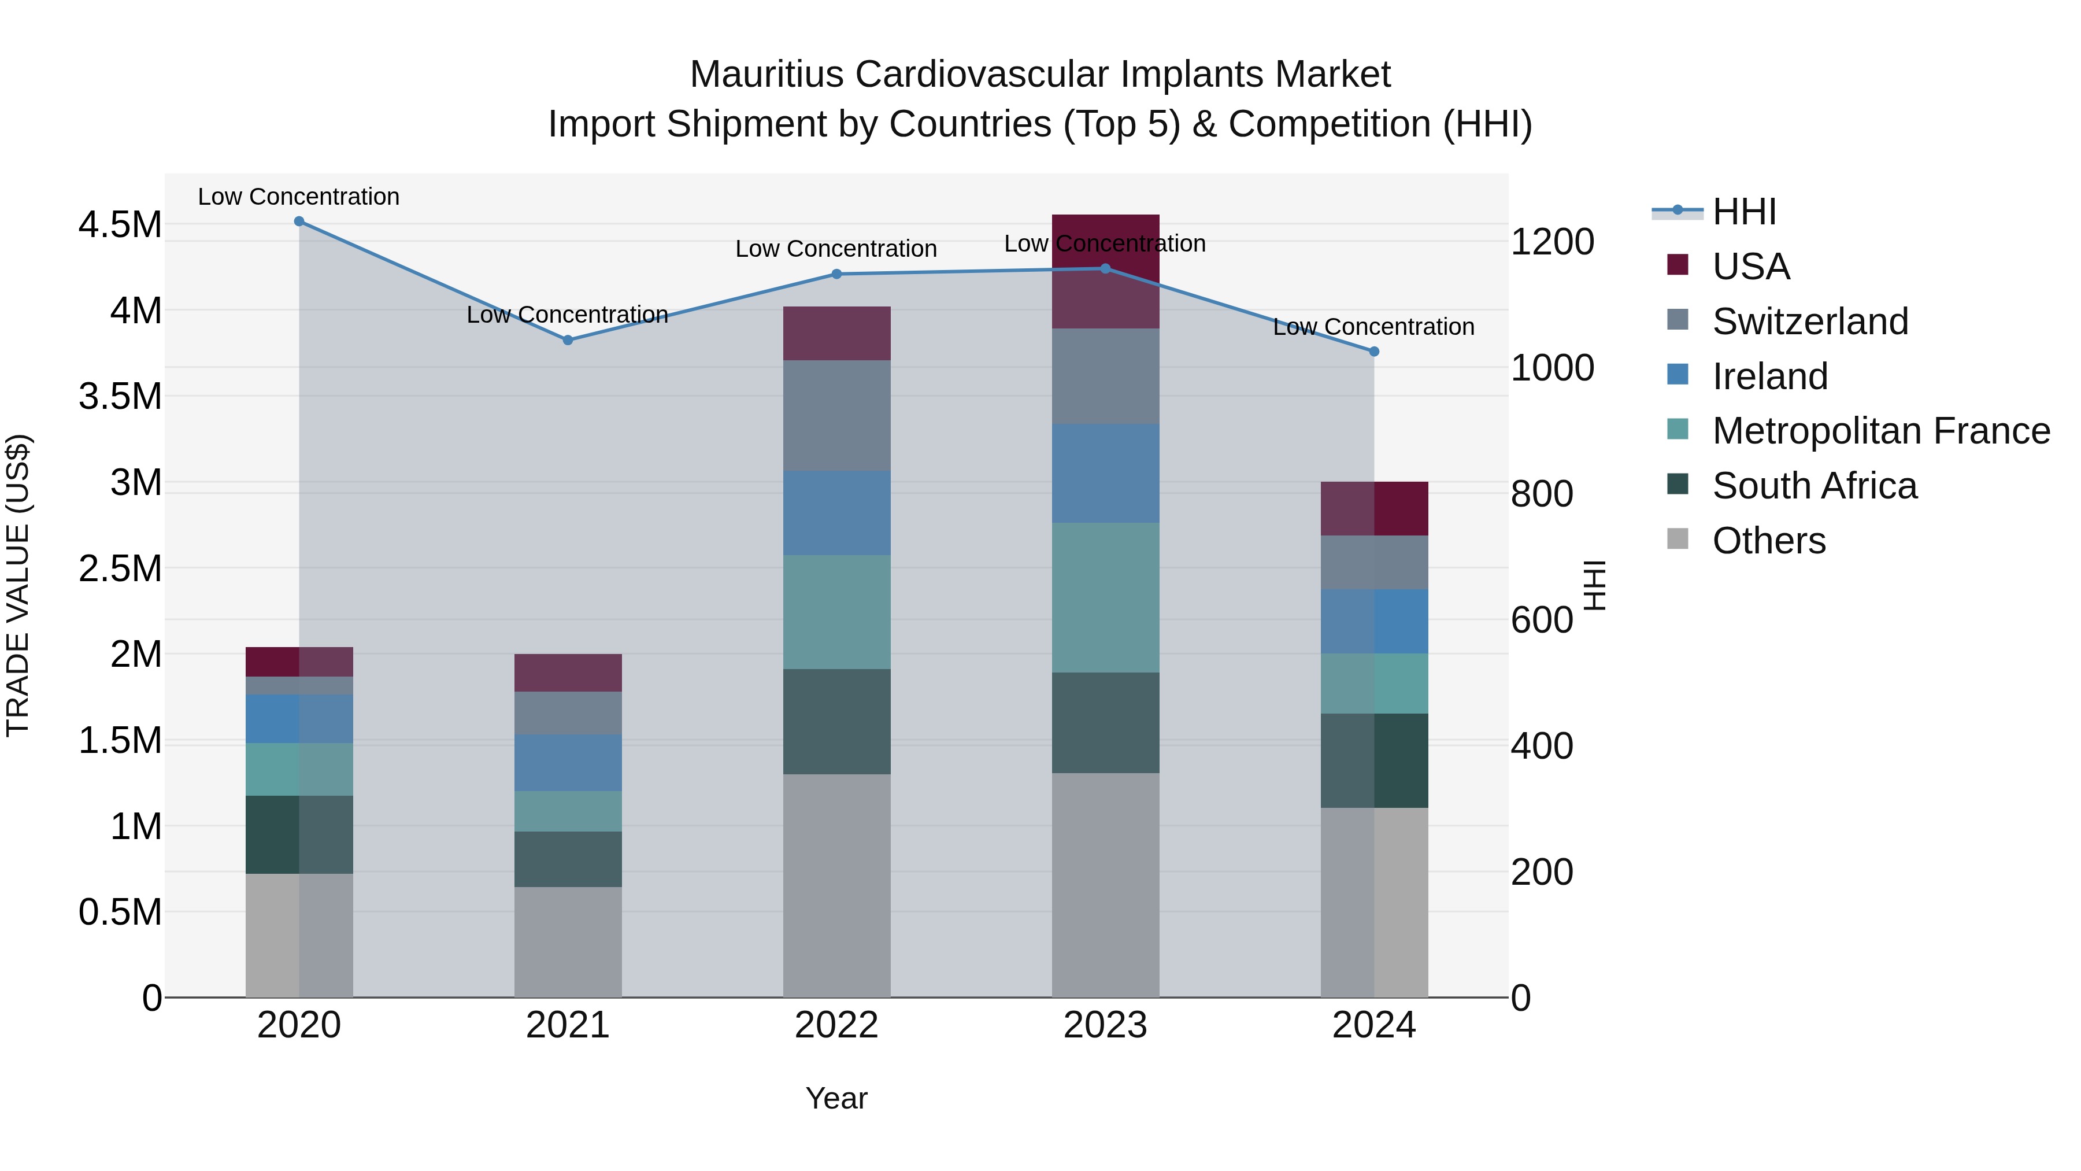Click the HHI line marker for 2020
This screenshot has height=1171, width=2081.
coord(299,221)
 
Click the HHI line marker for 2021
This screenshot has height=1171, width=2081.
coord(568,340)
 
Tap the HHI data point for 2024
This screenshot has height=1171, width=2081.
coord(1374,352)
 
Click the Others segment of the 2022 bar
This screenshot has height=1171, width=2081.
coord(837,885)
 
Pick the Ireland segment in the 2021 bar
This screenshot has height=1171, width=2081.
coord(568,762)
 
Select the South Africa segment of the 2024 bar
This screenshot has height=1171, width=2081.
coord(1374,760)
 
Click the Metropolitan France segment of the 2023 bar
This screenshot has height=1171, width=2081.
coord(1105,597)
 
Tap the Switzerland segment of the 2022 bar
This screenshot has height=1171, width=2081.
coord(837,415)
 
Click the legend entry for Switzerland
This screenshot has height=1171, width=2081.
coord(1809,322)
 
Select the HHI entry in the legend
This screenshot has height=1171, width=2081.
coord(1743,212)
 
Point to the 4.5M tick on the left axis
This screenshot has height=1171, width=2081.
coord(120,225)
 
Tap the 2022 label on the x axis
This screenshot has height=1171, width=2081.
coord(837,1025)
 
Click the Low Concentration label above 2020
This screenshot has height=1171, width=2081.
coord(299,197)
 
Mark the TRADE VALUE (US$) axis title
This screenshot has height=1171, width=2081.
coord(18,585)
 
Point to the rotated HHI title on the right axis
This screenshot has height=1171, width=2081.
coord(1594,585)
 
